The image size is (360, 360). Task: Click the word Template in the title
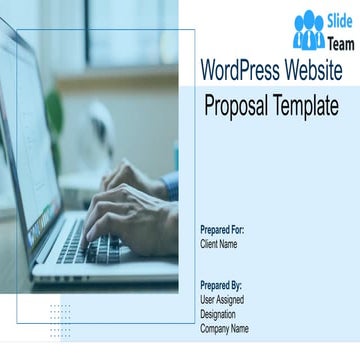(304, 105)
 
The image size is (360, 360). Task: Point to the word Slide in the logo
(340, 21)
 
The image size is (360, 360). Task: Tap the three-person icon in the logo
(308, 32)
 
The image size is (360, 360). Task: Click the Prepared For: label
(222, 230)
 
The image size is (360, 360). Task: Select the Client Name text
(219, 243)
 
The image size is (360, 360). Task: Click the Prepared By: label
(221, 285)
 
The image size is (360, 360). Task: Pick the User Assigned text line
(222, 299)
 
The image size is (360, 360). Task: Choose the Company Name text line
(225, 328)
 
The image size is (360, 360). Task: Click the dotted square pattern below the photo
(60, 321)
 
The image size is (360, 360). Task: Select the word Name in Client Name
(228, 243)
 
